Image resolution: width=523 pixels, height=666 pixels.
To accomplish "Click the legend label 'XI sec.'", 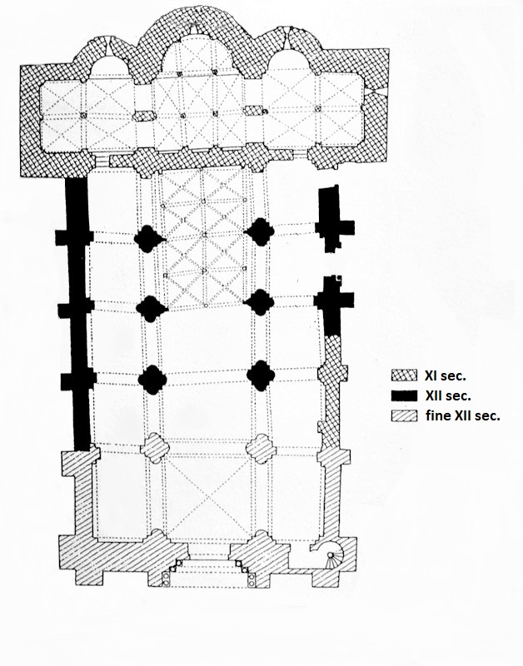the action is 446,375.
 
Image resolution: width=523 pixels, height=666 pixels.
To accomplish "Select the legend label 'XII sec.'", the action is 448,396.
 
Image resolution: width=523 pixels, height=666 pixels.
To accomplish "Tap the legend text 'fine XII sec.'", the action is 463,415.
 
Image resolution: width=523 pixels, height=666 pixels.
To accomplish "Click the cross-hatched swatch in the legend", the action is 404,375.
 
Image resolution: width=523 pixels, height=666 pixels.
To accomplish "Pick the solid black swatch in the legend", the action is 404,396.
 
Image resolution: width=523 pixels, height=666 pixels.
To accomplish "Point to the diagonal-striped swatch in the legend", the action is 404,415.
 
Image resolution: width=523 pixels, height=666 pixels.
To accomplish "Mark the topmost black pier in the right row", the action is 259,232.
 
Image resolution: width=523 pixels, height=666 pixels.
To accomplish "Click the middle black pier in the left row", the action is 152,308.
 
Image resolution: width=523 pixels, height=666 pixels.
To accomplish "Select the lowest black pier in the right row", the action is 261,376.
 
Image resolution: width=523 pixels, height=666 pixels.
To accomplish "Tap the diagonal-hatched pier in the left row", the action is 155,448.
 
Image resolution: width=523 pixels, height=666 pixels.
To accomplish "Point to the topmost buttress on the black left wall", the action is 74,237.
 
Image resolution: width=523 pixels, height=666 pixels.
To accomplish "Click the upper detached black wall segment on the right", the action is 334,219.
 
